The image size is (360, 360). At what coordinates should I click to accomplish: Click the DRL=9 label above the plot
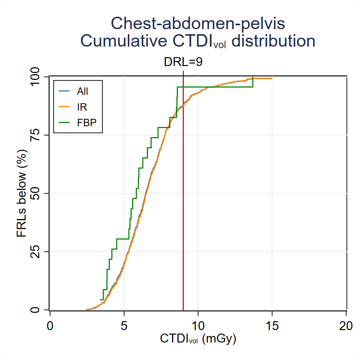click(x=183, y=62)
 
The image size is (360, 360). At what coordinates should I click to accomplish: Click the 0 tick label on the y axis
click(x=40, y=310)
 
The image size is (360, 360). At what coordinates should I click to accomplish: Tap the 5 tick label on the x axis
click(x=124, y=325)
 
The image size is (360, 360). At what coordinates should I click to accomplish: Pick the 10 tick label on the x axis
click(x=198, y=325)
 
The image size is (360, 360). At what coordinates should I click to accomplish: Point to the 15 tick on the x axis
click(x=272, y=325)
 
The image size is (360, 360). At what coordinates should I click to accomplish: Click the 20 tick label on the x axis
click(x=346, y=325)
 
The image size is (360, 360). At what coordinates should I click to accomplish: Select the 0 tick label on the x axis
click(x=50, y=325)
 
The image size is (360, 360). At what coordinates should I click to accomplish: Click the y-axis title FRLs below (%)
click(x=22, y=193)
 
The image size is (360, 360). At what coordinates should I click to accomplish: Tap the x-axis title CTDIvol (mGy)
click(x=198, y=339)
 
